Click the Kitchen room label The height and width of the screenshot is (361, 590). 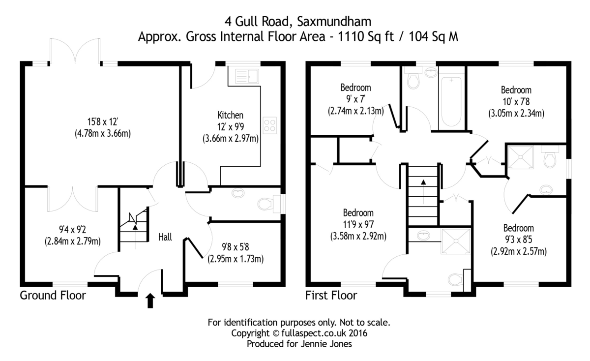[231, 115]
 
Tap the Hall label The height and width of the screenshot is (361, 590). [165, 237]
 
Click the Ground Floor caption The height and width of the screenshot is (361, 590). [53, 296]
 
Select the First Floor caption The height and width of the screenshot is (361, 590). [331, 296]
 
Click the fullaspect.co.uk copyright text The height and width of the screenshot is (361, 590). [300, 333]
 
